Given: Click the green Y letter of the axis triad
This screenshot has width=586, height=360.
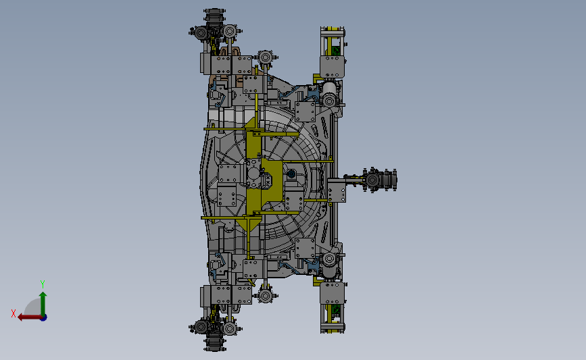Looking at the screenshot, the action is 42,284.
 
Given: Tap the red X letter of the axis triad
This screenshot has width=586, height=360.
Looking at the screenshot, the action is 14,313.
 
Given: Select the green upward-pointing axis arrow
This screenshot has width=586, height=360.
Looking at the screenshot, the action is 43,304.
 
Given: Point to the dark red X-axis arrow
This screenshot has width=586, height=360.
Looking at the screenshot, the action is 30,317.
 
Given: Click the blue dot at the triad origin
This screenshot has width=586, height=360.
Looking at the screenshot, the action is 43,317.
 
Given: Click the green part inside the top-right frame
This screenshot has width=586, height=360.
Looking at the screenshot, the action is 336,50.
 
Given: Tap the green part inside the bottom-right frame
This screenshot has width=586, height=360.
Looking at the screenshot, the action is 336,310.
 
